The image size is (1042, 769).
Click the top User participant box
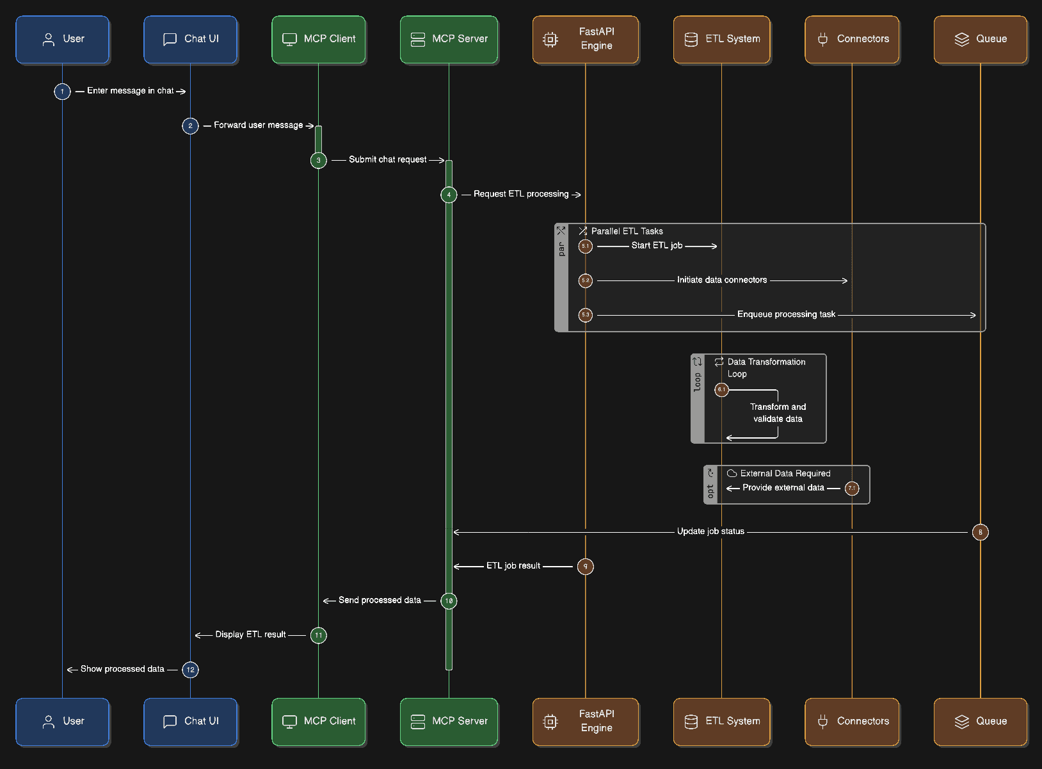(62, 39)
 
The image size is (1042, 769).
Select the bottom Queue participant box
(980, 722)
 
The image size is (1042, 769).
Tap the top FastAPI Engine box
(585, 39)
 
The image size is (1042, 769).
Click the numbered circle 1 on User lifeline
(62, 92)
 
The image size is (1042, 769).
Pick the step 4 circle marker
(449, 195)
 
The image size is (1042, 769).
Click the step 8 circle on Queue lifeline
(980, 532)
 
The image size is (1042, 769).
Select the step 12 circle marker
(190, 670)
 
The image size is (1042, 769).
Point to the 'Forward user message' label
(258, 125)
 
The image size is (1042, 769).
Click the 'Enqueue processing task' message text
(786, 314)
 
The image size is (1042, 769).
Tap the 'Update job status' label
(710, 531)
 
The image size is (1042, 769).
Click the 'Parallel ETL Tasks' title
(627, 231)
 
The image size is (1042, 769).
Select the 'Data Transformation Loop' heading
(765, 368)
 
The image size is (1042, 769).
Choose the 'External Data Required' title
(785, 474)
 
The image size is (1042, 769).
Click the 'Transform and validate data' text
(778, 413)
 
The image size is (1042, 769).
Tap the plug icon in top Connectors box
(822, 39)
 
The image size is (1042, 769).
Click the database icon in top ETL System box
(691, 39)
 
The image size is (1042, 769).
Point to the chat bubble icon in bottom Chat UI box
(170, 722)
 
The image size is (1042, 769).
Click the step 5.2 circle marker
(585, 280)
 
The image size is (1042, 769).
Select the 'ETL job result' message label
(513, 566)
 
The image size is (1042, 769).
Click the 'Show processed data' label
(122, 669)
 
